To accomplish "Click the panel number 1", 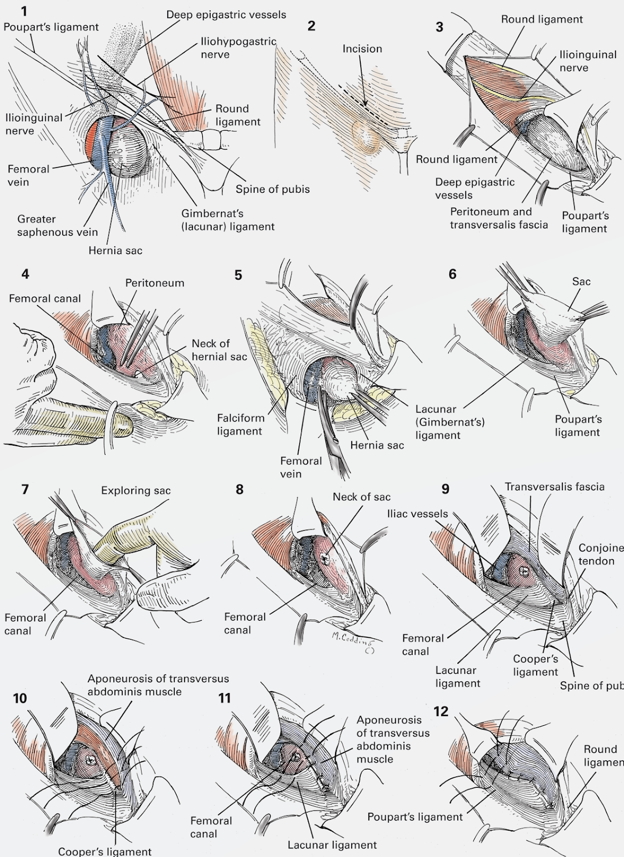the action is coord(24,11).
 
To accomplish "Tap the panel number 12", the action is coord(441,712).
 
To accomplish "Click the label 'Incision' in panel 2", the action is coord(362,49).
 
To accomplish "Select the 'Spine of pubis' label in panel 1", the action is coord(272,189).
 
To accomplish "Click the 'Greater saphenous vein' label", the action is coord(57,225).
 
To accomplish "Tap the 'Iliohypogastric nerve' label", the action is coord(238,48).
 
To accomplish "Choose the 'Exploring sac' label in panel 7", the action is coord(136,491).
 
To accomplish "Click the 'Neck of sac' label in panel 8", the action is coord(361,497).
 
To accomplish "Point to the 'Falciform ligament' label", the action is coord(241,424).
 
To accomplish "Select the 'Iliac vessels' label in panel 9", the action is coord(417,514).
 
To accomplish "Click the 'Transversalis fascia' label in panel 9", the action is coord(555,487).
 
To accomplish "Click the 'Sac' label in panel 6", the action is coord(581,282).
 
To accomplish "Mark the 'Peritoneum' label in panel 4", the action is coord(155,283).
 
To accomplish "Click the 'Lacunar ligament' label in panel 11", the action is coord(332,845).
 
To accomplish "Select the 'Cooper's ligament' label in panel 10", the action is coord(105,851).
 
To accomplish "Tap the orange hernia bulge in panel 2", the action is coord(366,136).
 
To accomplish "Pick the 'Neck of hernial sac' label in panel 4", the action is coord(219,350).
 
